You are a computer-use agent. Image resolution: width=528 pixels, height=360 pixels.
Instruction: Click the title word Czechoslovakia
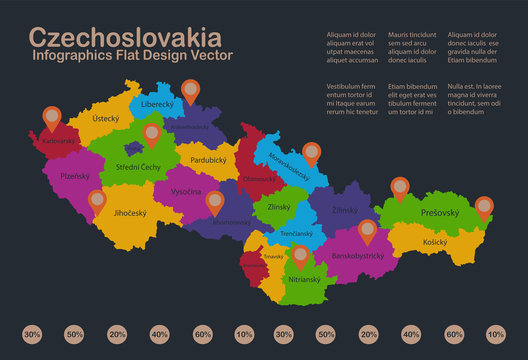125,38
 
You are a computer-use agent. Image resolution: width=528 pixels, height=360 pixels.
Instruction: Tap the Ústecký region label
105,118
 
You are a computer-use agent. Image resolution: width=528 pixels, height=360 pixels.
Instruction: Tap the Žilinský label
346,211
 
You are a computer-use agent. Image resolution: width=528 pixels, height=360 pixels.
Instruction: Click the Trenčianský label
297,233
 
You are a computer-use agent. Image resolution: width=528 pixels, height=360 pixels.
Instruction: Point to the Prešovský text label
440,212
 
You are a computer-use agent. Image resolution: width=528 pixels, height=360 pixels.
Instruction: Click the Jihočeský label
131,213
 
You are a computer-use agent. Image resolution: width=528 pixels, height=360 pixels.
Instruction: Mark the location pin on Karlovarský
50,118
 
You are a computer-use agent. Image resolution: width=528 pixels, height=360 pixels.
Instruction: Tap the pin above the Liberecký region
189,91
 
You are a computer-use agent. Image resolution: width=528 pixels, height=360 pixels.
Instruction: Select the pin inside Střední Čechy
151,134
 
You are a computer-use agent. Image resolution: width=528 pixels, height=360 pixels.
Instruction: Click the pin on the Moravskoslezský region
312,152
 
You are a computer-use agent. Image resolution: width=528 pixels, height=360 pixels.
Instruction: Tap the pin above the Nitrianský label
300,254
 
